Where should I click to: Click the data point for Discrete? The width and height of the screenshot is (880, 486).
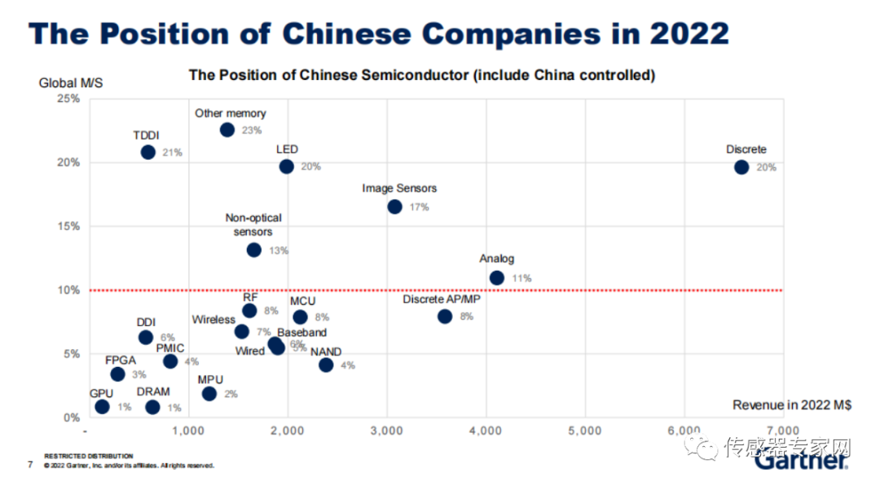coord(741,167)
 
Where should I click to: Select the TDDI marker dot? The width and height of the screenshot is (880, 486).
coord(147,152)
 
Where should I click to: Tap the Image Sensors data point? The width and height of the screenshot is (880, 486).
coord(394,207)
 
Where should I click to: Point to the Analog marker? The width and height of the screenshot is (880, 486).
coord(496,278)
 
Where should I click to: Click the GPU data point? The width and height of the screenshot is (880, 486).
coord(102,407)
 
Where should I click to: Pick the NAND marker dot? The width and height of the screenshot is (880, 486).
coord(326,365)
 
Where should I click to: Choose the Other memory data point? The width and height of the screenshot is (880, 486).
coord(227,130)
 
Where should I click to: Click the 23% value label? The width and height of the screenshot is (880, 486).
coord(252,130)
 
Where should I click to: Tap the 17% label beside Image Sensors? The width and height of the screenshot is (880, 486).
coord(419,207)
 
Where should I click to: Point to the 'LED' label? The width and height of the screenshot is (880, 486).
coord(287,149)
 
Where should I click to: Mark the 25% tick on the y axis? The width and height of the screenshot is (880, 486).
coord(68,99)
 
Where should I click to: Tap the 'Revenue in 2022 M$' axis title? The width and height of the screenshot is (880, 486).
coord(791,405)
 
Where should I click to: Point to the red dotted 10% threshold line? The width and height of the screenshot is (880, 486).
coord(570,290)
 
